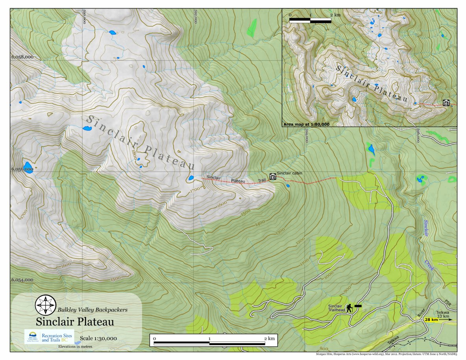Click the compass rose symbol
tap(46, 305)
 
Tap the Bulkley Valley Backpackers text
tap(92, 310)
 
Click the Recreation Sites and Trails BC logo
tap(49, 337)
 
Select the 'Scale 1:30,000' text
tap(98, 338)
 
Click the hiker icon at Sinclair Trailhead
tap(349, 308)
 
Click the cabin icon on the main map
tap(272, 177)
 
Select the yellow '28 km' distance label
tap(431, 320)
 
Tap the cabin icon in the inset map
tap(446, 103)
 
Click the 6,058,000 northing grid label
tap(22, 57)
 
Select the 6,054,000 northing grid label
tap(22, 280)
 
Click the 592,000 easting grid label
tap(194, 17)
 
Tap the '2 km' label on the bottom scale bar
tap(269, 338)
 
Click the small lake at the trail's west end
tap(191, 178)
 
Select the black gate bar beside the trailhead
tap(358, 306)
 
